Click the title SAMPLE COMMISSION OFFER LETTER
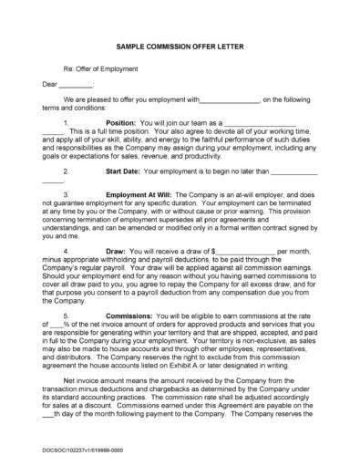tap(179, 43)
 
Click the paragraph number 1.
tap(67, 121)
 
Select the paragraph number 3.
tap(67, 195)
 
